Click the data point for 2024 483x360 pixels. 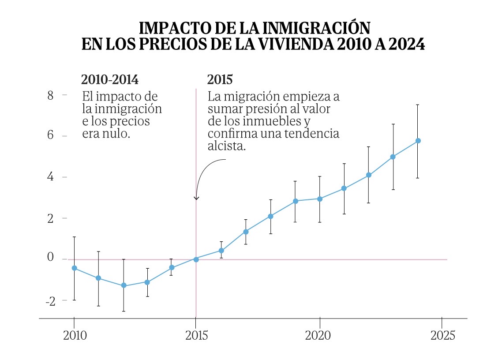point(418,141)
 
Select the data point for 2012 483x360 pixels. point(124,285)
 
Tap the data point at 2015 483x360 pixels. point(196,259)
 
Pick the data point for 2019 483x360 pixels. point(295,201)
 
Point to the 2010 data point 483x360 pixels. point(74,268)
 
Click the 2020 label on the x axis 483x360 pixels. point(318,336)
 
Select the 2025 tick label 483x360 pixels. point(442,336)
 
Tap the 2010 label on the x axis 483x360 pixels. point(74,336)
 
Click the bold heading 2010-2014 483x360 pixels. point(109,80)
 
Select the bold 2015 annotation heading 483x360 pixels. point(220,80)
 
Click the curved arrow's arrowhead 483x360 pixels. point(196,198)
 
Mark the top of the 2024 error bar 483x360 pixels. point(418,105)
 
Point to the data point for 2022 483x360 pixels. point(368,175)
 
